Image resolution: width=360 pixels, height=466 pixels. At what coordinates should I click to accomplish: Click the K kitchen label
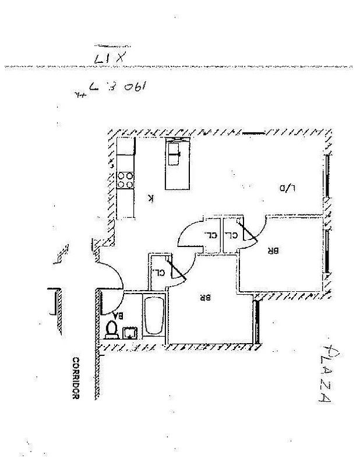pos(151,199)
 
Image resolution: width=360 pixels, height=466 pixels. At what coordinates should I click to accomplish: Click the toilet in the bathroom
pos(112,330)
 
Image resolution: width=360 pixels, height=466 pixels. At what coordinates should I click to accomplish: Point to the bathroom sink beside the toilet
pos(129,332)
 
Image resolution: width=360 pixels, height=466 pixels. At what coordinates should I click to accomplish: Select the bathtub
pos(154,317)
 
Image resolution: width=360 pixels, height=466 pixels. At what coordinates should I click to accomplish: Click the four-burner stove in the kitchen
pos(125,180)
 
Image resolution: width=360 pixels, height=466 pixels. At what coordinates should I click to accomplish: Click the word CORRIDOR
pos(75,377)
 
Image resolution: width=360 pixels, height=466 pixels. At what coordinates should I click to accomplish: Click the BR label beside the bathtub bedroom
pos(204,296)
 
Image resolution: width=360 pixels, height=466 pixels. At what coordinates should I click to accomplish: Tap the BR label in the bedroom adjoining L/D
pos(273,251)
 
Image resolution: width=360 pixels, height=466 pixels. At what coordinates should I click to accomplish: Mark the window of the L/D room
pos(329,175)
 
